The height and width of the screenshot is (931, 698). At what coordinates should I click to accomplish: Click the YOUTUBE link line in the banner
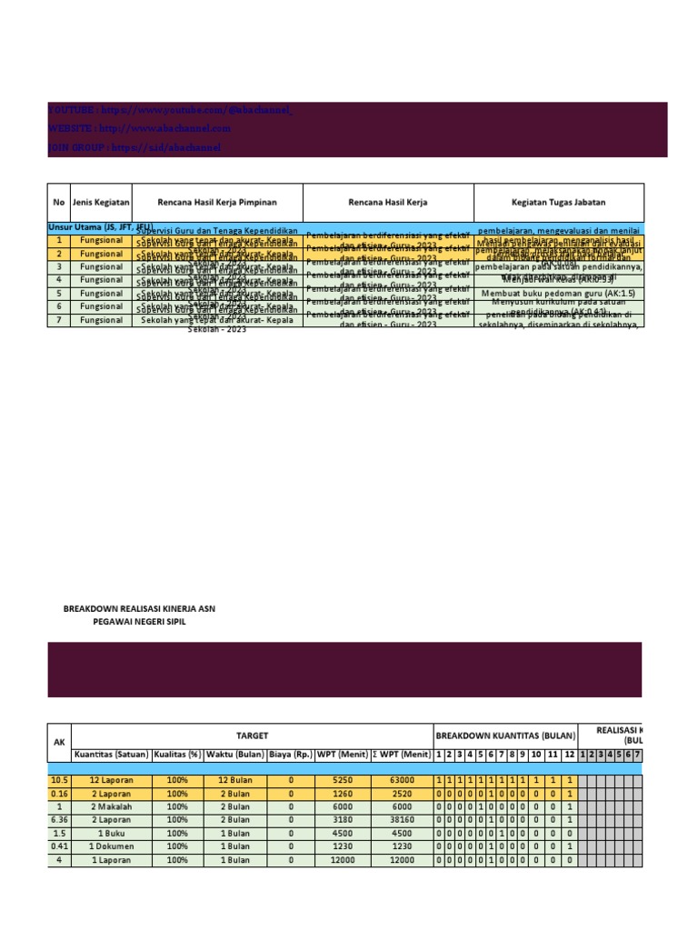pos(170,110)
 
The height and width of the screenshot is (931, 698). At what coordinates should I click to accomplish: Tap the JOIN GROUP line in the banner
pos(134,147)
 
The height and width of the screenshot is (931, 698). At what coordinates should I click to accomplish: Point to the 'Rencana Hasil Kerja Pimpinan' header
pos(216,202)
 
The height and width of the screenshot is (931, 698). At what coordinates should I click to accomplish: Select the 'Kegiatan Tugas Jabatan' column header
pos(558,202)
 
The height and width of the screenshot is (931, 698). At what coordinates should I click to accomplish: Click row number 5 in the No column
pos(58,294)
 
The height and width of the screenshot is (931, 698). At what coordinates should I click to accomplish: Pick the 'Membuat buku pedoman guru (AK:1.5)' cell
pos(558,294)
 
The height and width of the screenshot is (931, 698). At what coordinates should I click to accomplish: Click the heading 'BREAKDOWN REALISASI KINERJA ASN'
pos(139,607)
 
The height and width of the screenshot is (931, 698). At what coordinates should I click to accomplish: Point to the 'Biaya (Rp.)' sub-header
pos(291,755)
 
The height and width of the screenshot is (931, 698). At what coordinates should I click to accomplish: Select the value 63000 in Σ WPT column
pos(402,780)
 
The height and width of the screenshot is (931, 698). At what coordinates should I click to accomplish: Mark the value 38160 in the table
pos(402,819)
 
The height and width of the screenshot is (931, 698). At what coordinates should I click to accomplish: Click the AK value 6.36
pos(58,819)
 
